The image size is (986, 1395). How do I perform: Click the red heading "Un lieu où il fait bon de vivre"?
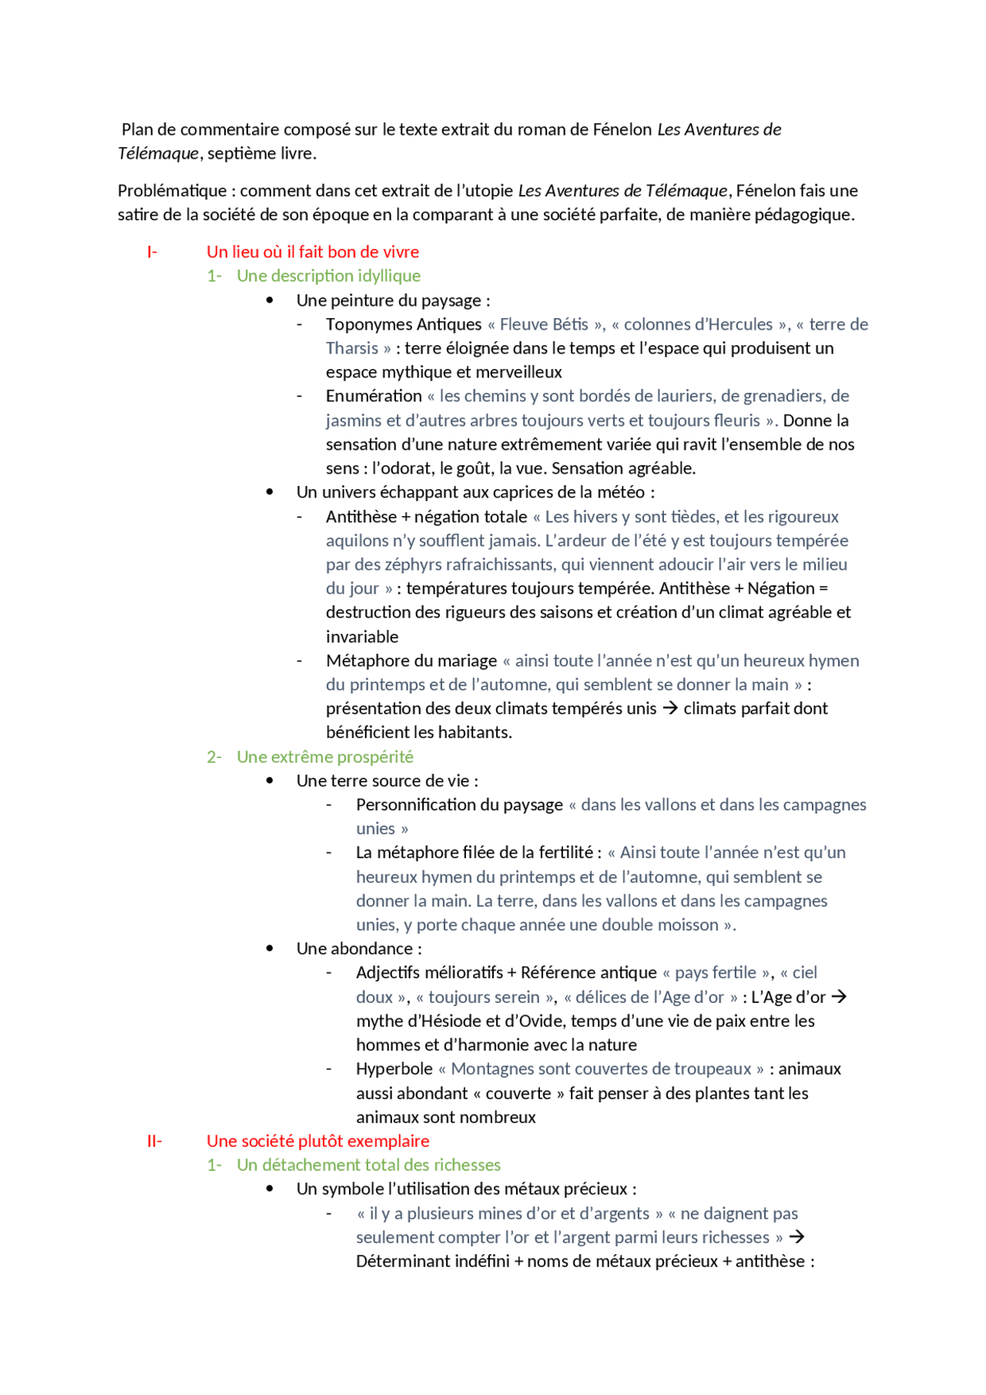(x=312, y=252)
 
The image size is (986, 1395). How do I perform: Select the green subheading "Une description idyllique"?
(x=328, y=276)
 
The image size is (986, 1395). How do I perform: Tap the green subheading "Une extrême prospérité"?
(x=324, y=756)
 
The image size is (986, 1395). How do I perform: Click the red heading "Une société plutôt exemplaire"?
(x=317, y=1141)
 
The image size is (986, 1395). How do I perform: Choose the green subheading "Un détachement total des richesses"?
(x=368, y=1165)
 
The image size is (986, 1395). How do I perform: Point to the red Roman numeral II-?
(x=154, y=1141)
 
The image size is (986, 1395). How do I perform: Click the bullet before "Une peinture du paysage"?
(x=270, y=300)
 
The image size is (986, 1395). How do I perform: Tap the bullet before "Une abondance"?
(x=270, y=948)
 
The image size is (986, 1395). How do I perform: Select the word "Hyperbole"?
(x=394, y=1069)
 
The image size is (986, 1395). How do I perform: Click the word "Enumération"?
(x=373, y=396)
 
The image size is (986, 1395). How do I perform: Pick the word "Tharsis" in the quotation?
(x=351, y=348)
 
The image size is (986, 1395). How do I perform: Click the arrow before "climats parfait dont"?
(x=670, y=708)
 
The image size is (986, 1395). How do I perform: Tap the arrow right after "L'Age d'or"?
(x=840, y=997)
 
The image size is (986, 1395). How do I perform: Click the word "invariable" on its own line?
(x=362, y=637)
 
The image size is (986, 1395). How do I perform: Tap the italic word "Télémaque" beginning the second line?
(x=158, y=153)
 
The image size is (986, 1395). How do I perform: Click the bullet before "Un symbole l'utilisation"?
(x=270, y=1189)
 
